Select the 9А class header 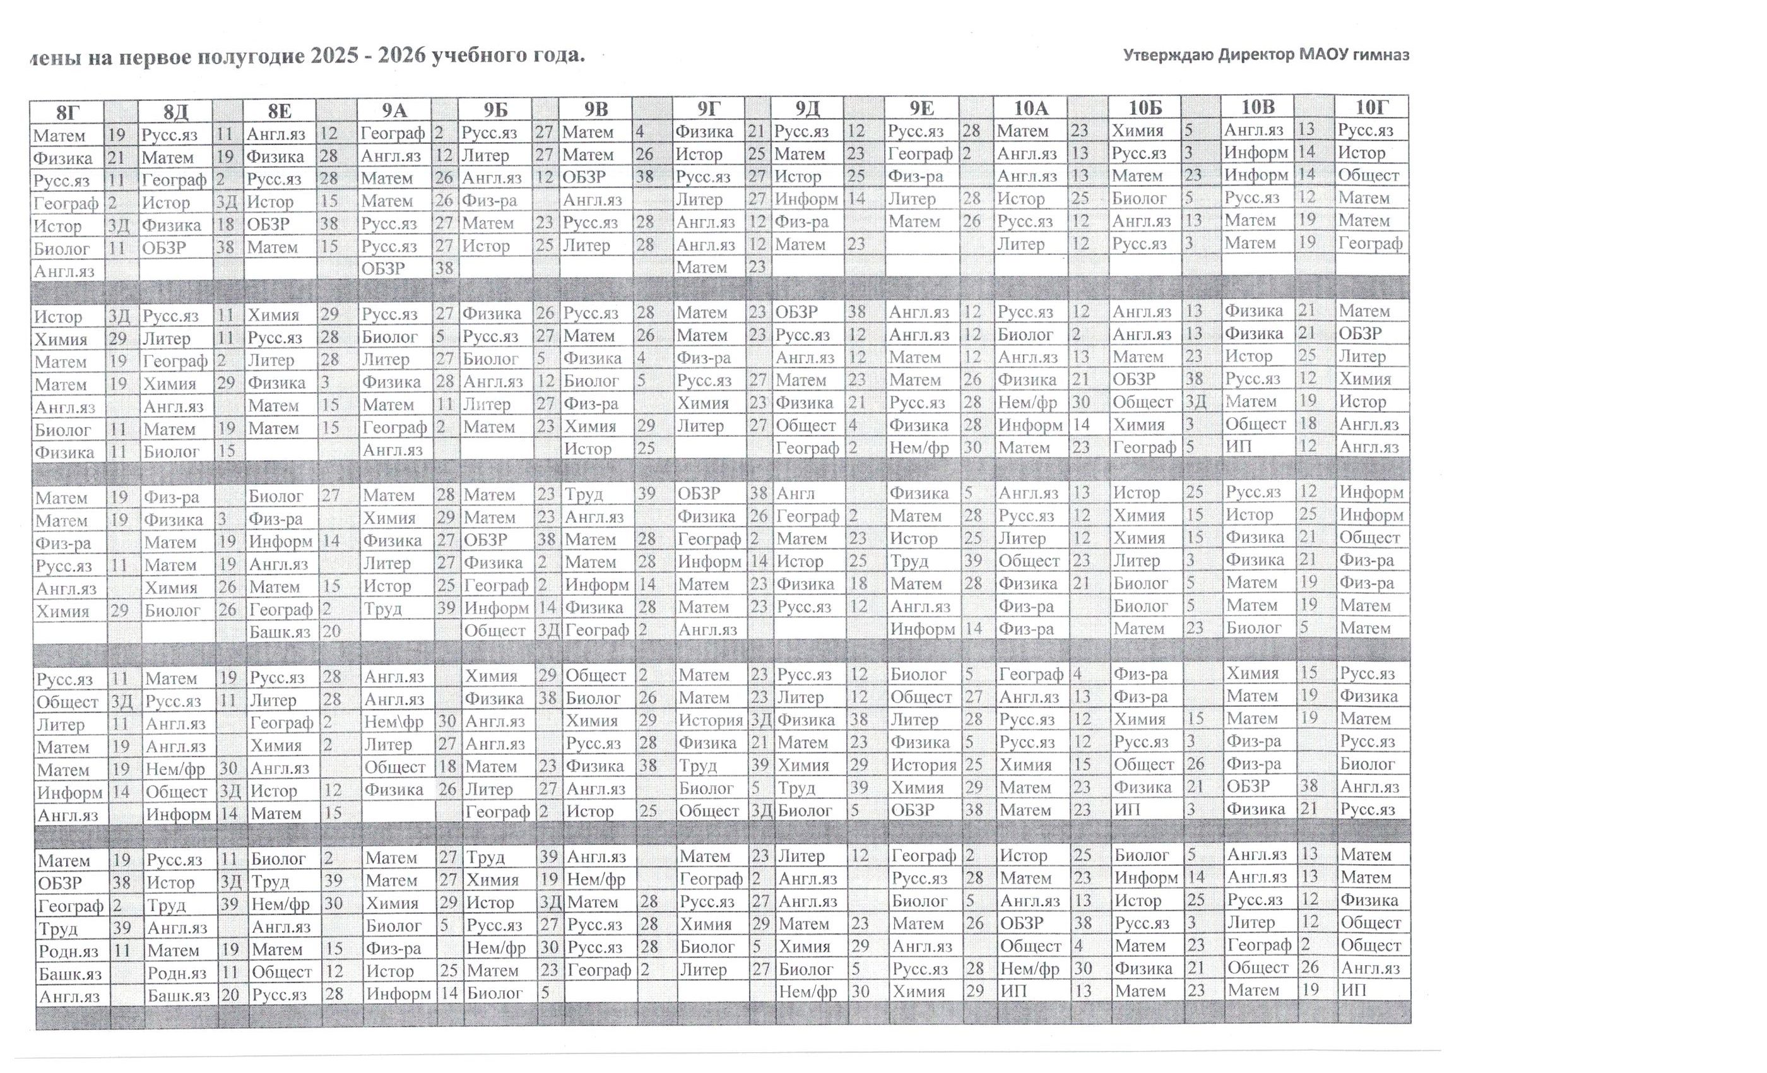click(394, 110)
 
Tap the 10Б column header click(1145, 109)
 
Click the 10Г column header click(1371, 107)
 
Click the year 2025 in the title click(334, 56)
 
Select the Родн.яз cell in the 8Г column click(69, 951)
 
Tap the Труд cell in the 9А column click(382, 609)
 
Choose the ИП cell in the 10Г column click(1353, 990)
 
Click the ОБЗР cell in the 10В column click(1248, 786)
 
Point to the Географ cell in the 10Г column click(1369, 243)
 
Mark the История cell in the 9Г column click(711, 720)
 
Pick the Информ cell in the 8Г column click(70, 793)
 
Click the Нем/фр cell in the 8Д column click(175, 769)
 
